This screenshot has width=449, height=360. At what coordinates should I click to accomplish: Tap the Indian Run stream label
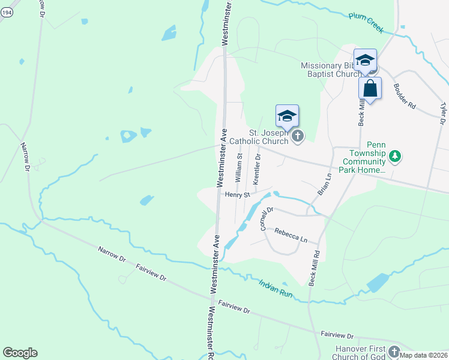coord(276,287)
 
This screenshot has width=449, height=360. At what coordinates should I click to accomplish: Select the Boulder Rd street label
coord(404,95)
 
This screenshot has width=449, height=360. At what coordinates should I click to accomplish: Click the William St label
coord(238,167)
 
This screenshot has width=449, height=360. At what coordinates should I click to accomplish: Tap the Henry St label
coord(237,194)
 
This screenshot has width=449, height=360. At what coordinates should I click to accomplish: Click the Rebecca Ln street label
coord(291,235)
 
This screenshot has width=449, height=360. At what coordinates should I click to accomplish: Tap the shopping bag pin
coord(370,89)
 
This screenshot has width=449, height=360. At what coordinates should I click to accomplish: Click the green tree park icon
coord(394,157)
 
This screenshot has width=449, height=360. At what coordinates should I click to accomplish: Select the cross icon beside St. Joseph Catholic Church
coord(297,137)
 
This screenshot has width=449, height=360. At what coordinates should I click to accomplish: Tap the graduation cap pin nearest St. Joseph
coord(287,116)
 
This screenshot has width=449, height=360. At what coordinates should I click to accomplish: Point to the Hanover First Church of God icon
coord(394,350)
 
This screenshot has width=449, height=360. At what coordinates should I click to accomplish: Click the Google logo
coord(20,353)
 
